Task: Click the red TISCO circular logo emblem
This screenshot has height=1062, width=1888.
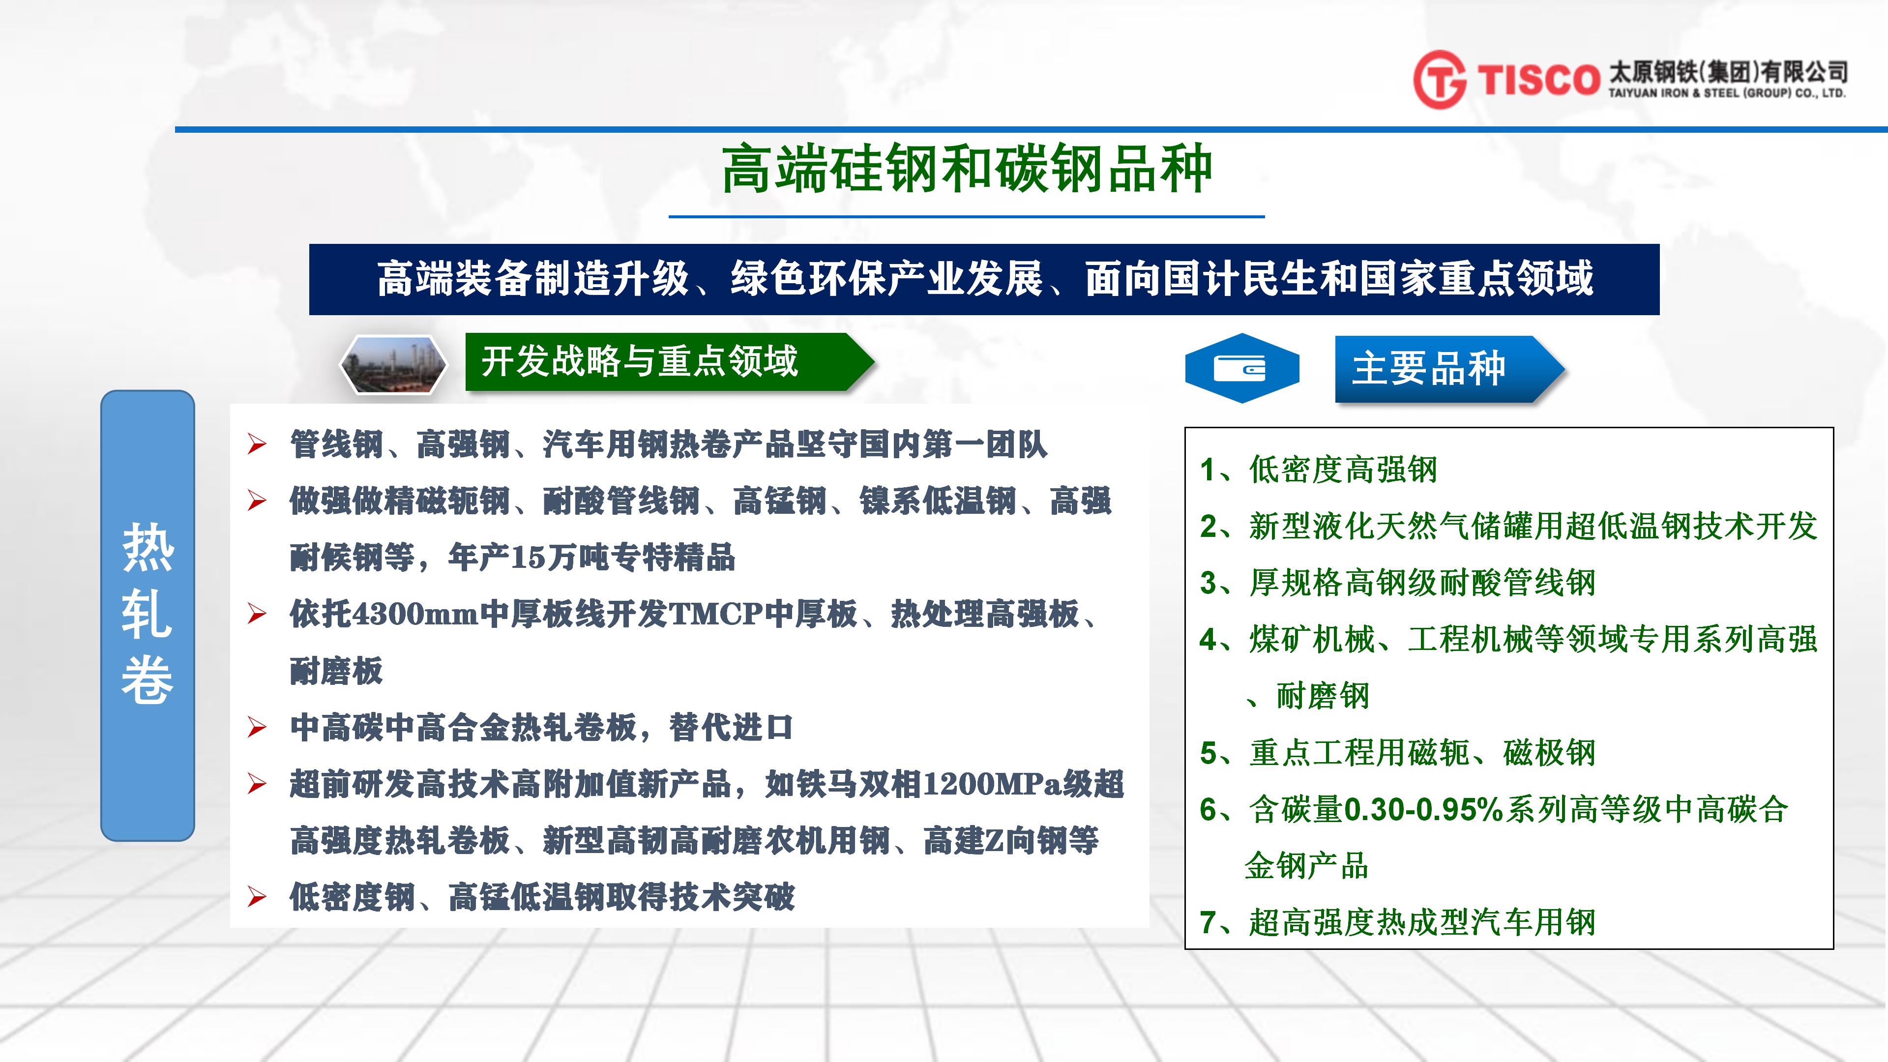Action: [x=1440, y=79]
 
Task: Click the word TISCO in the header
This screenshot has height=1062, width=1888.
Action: [x=1537, y=79]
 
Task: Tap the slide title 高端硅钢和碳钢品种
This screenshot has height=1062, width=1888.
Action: [x=967, y=169]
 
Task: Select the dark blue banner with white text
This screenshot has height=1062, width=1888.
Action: [x=984, y=279]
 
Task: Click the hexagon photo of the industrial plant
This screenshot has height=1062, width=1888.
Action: [x=393, y=364]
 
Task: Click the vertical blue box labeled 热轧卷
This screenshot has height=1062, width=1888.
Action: [x=147, y=616]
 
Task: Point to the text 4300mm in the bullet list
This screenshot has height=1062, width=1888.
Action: [x=415, y=614]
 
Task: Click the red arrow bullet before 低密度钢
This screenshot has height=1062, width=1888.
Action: [x=257, y=896]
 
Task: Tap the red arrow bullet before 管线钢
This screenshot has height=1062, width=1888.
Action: [x=257, y=444]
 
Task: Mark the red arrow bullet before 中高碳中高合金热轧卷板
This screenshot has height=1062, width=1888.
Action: [x=257, y=727]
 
